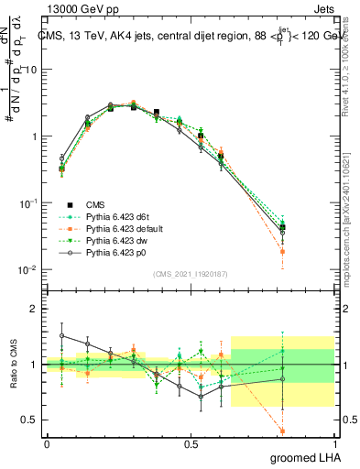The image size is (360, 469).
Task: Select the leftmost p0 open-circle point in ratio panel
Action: coord(62,335)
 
